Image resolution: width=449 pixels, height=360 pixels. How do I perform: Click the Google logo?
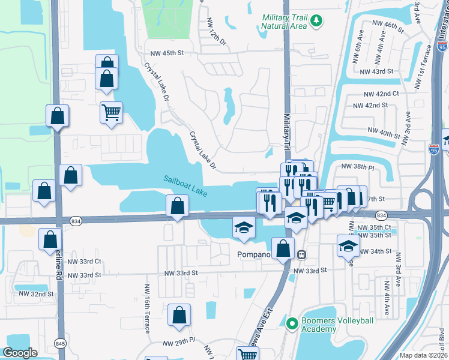click(20, 353)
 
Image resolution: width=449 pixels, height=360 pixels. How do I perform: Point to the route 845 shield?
click(60, 343)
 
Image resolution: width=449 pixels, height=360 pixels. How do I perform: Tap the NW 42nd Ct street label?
click(382, 94)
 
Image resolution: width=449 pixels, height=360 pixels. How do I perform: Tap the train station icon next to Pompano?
click(303, 254)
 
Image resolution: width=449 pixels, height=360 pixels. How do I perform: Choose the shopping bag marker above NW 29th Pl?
click(179, 316)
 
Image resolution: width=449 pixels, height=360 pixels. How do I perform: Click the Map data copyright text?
click(424, 355)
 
